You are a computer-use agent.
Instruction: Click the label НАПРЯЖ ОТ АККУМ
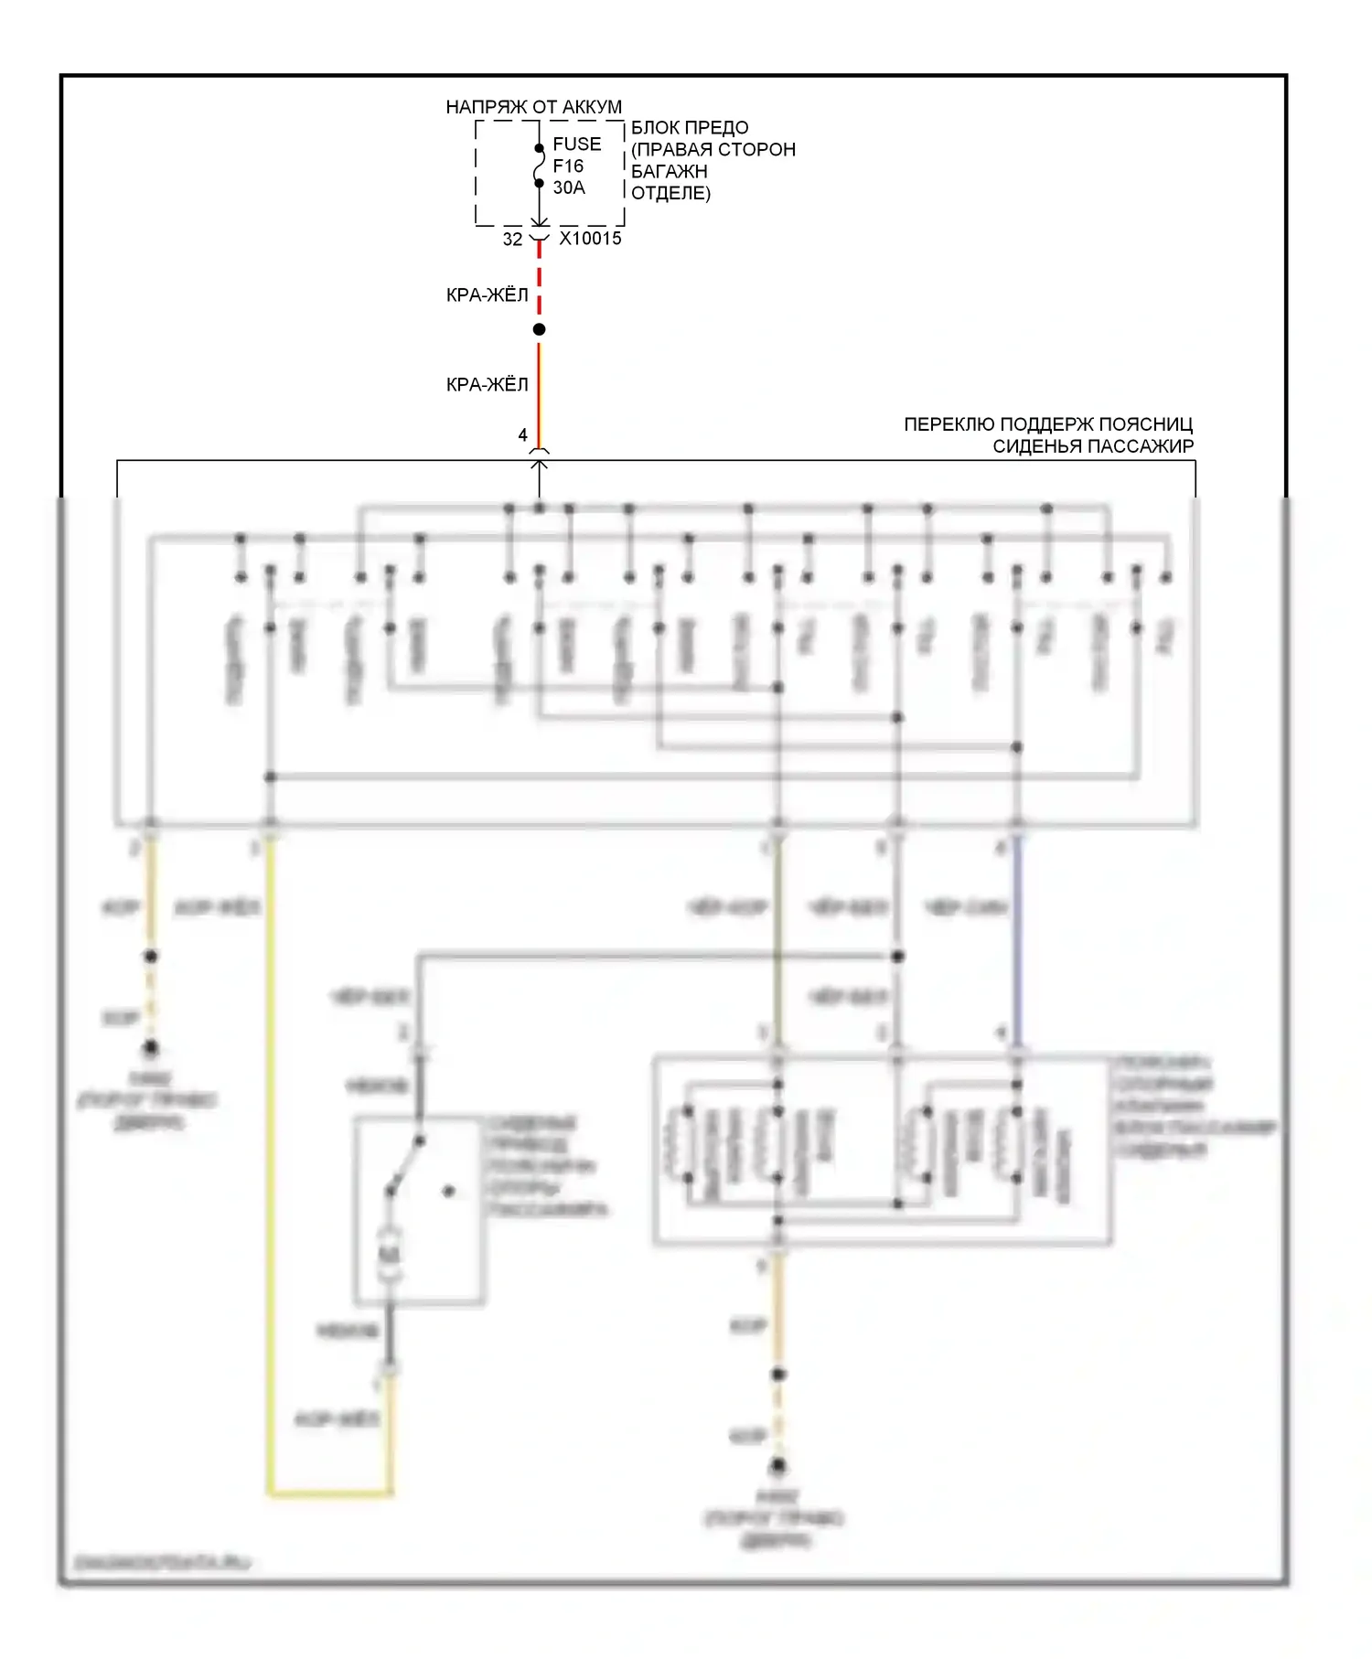tap(533, 107)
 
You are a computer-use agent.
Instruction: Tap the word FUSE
tap(576, 144)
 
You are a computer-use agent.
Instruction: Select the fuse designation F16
tap(568, 166)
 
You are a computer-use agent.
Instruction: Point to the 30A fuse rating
tap(568, 187)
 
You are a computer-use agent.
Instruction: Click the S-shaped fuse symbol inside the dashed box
tap(540, 166)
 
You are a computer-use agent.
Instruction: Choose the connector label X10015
tap(590, 239)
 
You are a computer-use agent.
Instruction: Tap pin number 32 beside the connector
tap(512, 240)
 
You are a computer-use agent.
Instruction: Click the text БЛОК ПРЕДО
tap(690, 128)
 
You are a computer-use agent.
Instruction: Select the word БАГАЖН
tap(669, 171)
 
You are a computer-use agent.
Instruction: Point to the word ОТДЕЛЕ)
tap(670, 193)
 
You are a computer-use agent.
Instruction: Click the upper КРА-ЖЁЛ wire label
tap(487, 294)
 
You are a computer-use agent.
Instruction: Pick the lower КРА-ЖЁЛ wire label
tap(487, 385)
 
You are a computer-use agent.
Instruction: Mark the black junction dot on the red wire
tap(540, 329)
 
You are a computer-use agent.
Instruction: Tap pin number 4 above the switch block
tap(523, 435)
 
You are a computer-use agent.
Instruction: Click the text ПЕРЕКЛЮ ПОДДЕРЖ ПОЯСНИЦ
tap(1048, 424)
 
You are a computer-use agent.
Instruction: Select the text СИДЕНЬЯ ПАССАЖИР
tap(1093, 446)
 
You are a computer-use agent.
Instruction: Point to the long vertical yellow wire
tap(271, 1143)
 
